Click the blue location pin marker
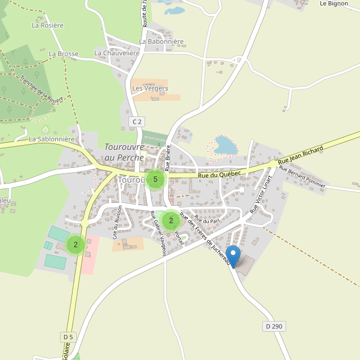233,256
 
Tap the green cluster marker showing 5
155,179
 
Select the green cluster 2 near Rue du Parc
171,220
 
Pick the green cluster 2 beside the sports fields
76,244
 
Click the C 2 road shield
137,122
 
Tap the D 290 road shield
272,326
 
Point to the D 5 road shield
68,337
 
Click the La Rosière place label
47,25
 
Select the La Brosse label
64,53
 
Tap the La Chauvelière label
117,53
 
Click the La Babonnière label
161,42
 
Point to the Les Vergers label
149,88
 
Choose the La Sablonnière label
52,139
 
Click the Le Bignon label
334,3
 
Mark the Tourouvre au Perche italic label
124,152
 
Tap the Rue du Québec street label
220,174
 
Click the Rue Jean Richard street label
301,156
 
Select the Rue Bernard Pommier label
302,177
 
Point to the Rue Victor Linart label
261,194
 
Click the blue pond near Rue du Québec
226,145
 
